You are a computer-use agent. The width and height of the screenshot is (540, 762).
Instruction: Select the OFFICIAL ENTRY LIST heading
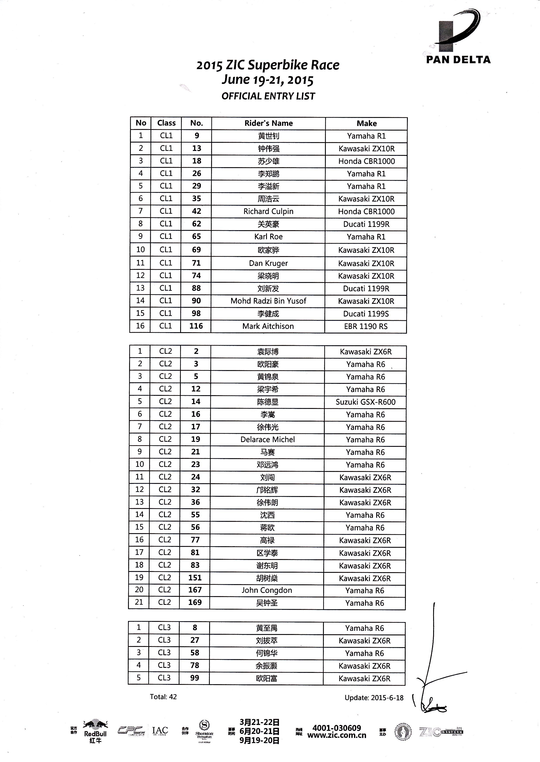coord(268,96)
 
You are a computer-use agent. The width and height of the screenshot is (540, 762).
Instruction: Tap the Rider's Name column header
coord(268,123)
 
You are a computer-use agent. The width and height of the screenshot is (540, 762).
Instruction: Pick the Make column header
coord(366,124)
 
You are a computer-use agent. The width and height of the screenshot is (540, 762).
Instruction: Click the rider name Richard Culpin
coord(268,211)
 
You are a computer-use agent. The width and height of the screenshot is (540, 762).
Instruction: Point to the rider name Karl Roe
coord(268,237)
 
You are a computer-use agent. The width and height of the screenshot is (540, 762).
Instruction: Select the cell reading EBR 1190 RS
coord(366,326)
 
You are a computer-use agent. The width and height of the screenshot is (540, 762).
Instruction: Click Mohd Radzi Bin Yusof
coord(268,301)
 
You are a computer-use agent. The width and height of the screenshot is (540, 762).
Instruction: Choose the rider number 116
coord(196,326)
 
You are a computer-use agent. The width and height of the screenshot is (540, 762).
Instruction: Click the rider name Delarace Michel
coord(268,440)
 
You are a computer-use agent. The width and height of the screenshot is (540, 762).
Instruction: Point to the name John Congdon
coord(267,590)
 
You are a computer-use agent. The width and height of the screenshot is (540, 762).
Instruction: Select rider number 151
coord(195,578)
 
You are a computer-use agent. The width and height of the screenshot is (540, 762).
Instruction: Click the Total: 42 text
coord(163,697)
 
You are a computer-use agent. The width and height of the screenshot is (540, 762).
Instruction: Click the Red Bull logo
coord(95,731)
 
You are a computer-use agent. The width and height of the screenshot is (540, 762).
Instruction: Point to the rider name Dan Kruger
coord(268,264)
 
